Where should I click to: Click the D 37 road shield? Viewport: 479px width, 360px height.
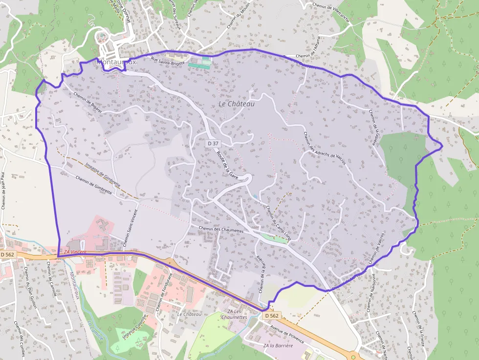click(213, 143)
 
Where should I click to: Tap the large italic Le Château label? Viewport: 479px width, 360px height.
click(237, 104)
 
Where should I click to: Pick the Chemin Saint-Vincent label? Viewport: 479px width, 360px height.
click(130, 228)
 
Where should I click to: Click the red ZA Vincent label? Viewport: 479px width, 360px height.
click(75, 252)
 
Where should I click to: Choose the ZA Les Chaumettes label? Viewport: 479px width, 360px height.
click(234, 314)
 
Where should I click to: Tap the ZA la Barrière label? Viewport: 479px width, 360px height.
click(278, 345)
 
